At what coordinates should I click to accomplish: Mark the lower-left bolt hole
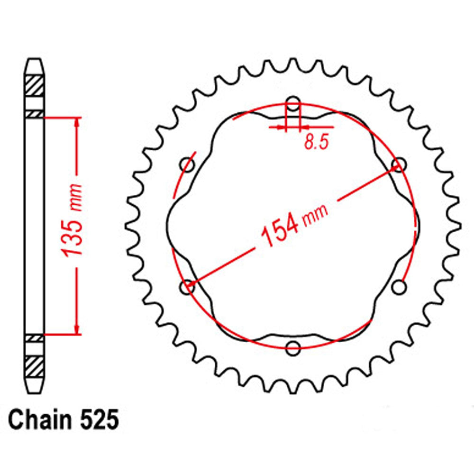pos(188,287)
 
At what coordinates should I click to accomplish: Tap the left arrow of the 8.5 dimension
pos(283,127)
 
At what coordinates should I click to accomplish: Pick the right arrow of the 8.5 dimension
pos(304,127)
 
